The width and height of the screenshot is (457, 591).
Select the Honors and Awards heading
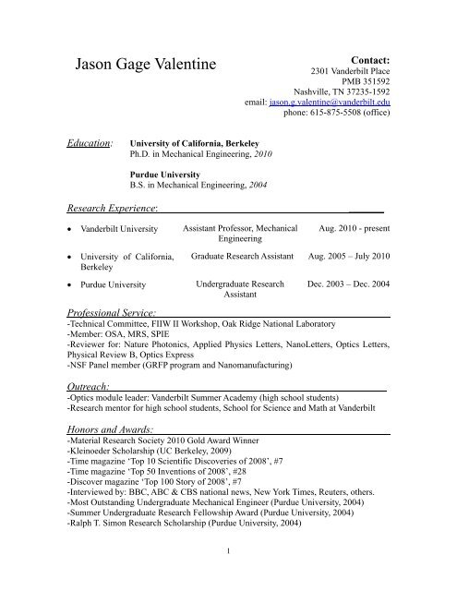point(112,430)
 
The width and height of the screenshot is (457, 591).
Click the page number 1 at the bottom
point(228,578)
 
